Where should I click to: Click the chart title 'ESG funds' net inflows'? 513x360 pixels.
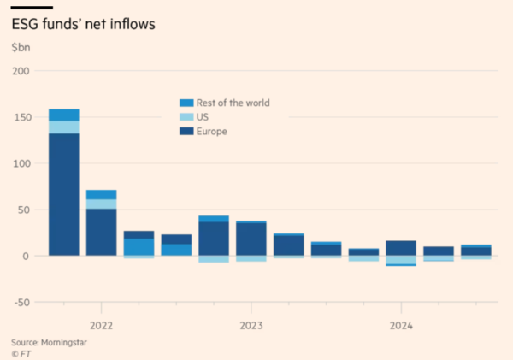pyautogui.click(x=82, y=24)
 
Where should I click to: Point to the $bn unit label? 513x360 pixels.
pyautogui.click(x=21, y=48)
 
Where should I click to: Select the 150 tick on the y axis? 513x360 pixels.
pyautogui.click(x=21, y=117)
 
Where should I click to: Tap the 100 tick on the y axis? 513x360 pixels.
pyautogui.click(x=21, y=163)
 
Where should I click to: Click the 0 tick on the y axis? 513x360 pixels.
pyautogui.click(x=26, y=256)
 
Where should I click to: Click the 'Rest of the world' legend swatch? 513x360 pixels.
pyautogui.click(x=184, y=103)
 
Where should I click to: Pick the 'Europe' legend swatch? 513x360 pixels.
pyautogui.click(x=184, y=132)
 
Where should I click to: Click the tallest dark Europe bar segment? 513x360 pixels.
pyautogui.click(x=64, y=195)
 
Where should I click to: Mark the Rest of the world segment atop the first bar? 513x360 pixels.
pyautogui.click(x=64, y=115)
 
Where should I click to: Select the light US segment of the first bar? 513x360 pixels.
pyautogui.click(x=64, y=127)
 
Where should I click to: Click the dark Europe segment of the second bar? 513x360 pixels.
pyautogui.click(x=102, y=232)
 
